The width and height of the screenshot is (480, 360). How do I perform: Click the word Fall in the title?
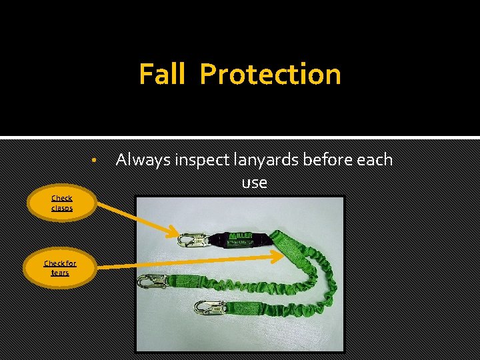pyautogui.click(x=161, y=74)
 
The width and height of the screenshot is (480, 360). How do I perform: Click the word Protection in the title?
pyautogui.click(x=270, y=74)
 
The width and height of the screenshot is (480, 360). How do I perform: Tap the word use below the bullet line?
pyautogui.click(x=254, y=182)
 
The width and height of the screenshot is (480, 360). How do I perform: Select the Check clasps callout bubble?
pyautogui.click(x=62, y=203)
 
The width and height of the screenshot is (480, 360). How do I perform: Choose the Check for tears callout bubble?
pyautogui.click(x=60, y=268)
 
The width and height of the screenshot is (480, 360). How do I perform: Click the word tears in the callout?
pyautogui.click(x=60, y=273)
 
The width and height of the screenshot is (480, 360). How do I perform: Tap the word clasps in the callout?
pyautogui.click(x=62, y=208)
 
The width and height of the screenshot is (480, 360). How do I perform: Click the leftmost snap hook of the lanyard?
pyautogui.click(x=152, y=281)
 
